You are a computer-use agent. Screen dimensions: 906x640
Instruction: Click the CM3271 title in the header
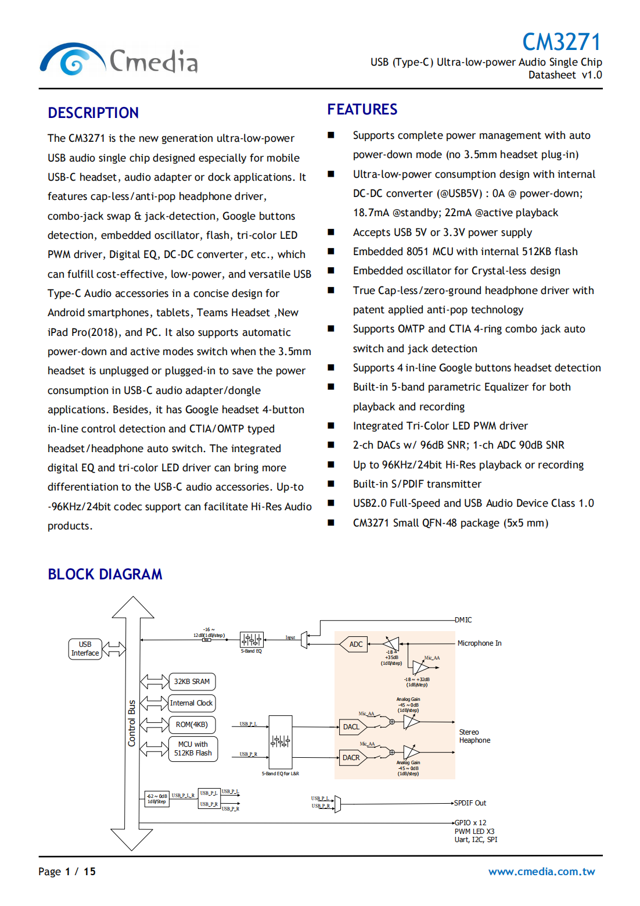pos(561,42)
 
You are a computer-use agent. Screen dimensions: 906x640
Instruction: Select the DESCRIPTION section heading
pos(93,113)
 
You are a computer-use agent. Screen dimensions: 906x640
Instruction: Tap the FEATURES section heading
pos(362,109)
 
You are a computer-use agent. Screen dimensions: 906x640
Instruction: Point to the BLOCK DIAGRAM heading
pos(105,574)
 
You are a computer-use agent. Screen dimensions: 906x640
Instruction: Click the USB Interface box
pos(85,649)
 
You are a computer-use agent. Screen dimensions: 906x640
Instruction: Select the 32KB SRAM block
pos(192,682)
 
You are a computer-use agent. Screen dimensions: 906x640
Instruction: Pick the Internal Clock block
pos(191,703)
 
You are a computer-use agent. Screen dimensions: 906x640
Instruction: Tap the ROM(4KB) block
pos(192,725)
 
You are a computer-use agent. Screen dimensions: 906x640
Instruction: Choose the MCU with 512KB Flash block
pos(193,749)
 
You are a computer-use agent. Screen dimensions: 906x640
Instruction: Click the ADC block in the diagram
pos(355,644)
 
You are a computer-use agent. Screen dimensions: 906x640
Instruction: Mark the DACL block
pos(352,727)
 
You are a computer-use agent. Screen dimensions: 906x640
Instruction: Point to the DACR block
pos(352,758)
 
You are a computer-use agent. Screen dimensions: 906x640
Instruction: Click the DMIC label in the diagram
pos(463,620)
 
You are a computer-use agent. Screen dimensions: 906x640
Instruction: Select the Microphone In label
pos(479,643)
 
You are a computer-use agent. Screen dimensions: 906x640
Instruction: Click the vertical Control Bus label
pos(132,724)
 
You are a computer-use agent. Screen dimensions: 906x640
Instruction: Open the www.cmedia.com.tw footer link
pos(541,871)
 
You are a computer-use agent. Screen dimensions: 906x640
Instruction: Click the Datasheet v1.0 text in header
pos(565,75)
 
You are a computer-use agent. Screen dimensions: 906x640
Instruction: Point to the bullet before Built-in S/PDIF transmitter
pos(331,484)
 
